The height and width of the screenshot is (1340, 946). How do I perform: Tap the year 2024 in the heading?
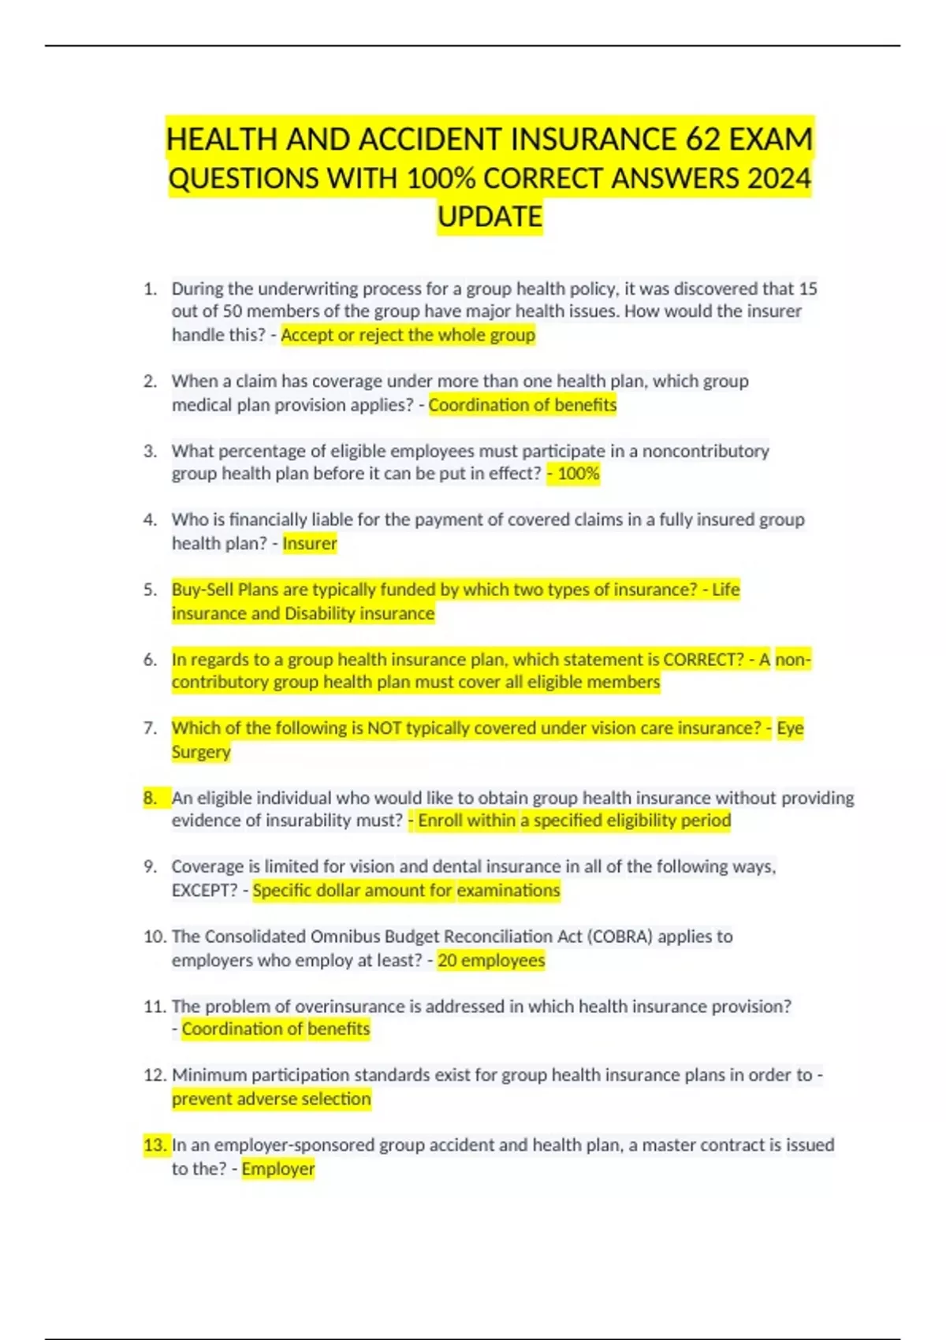pos(779,179)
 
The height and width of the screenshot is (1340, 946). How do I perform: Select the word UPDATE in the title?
pos(490,217)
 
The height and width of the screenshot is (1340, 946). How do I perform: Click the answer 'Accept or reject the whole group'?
pos(408,335)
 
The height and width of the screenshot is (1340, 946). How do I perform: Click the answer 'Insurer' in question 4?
pos(309,543)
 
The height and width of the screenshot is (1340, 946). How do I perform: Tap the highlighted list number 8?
pos(150,798)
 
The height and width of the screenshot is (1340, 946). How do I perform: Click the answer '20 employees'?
pos(491,960)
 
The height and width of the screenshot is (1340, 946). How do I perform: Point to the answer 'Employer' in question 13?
pos(277,1168)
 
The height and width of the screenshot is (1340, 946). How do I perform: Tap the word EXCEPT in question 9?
pos(203,891)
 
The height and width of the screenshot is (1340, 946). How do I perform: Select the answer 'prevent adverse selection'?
pos(271,1099)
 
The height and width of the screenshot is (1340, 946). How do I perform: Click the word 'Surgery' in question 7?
pos(201,752)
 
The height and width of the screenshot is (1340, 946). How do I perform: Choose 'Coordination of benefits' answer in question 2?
pos(522,405)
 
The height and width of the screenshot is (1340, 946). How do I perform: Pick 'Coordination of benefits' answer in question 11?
pos(275,1029)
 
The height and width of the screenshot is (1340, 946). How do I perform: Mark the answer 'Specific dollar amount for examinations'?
pos(406,891)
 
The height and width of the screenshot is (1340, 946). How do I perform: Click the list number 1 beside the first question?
pos(150,288)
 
